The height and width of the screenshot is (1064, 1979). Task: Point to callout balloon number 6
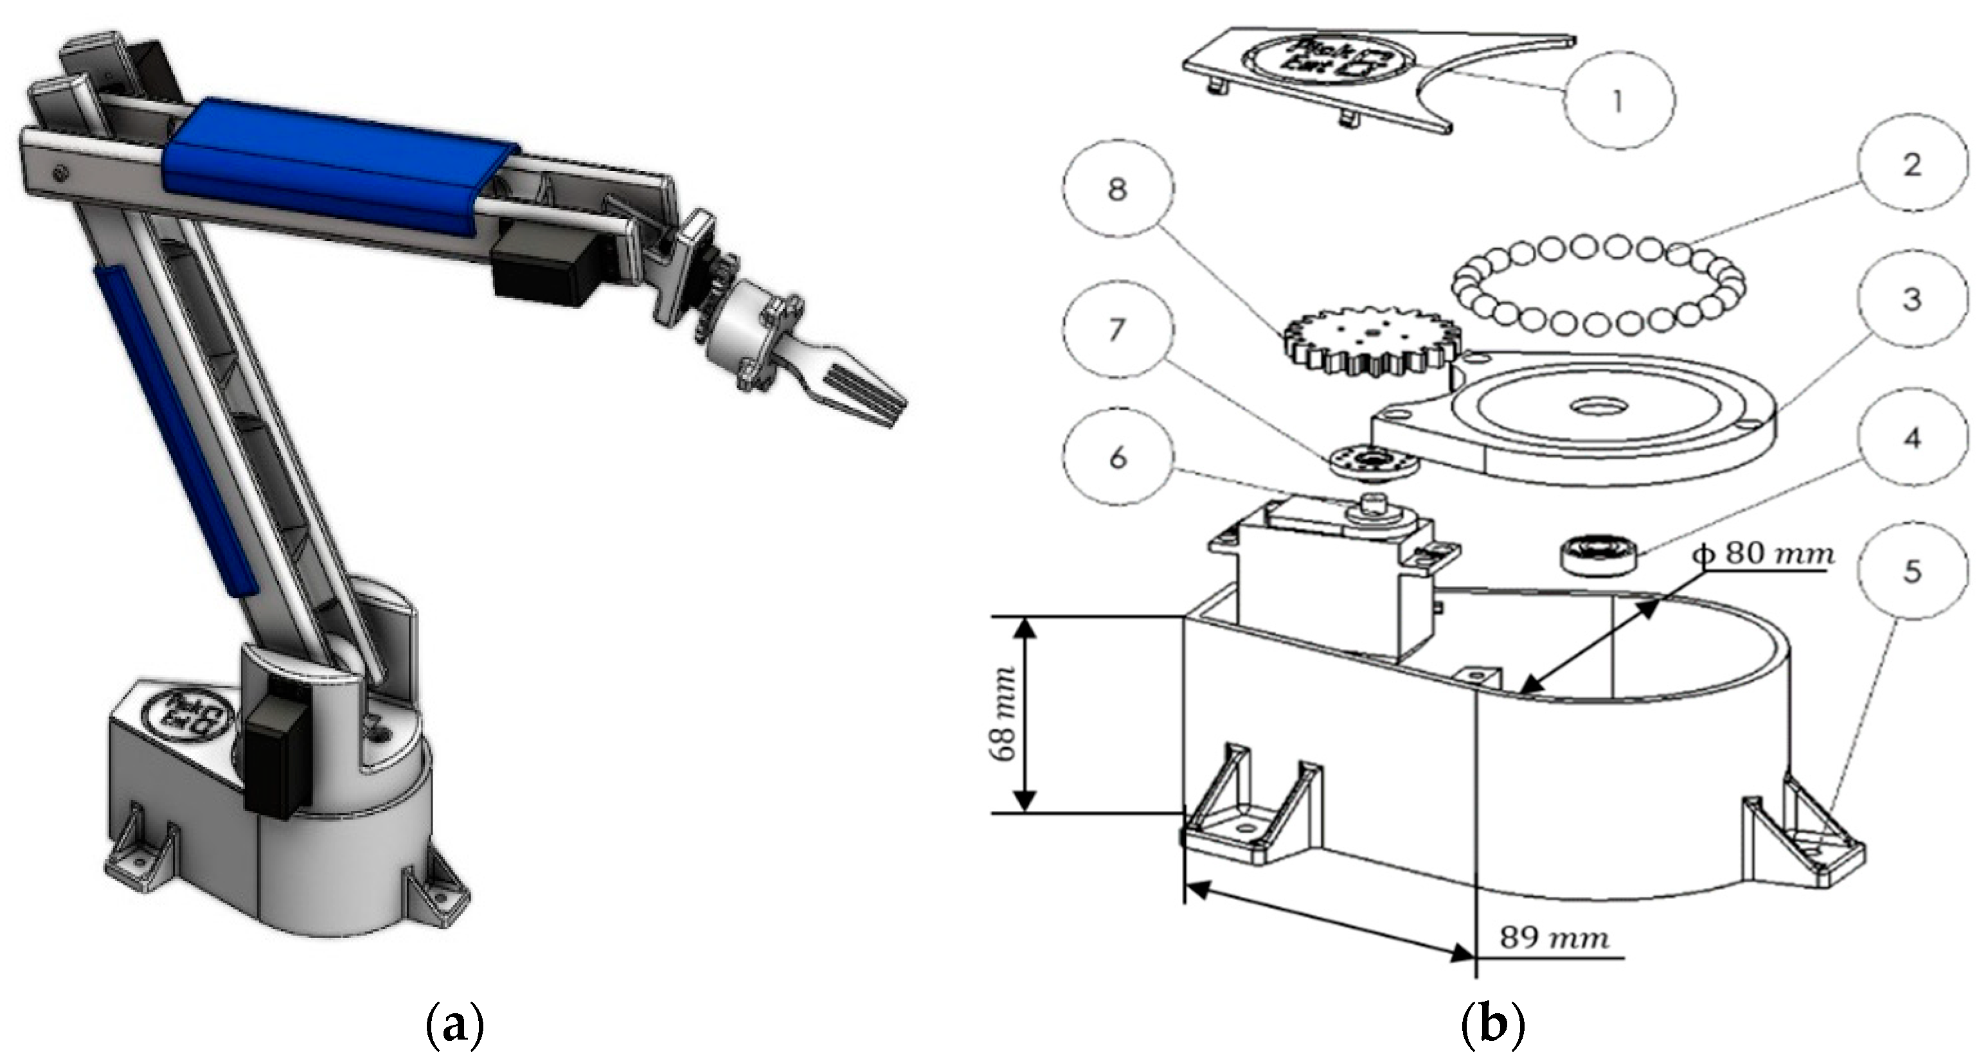click(x=1118, y=458)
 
